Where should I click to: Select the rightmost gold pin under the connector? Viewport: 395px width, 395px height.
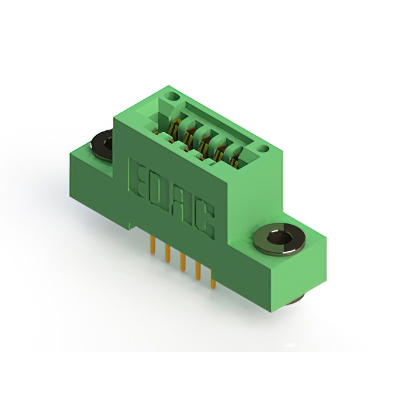212,281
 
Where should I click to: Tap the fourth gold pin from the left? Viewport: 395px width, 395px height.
197,272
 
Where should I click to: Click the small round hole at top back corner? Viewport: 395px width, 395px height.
172,97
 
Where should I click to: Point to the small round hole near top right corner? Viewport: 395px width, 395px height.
264,149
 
